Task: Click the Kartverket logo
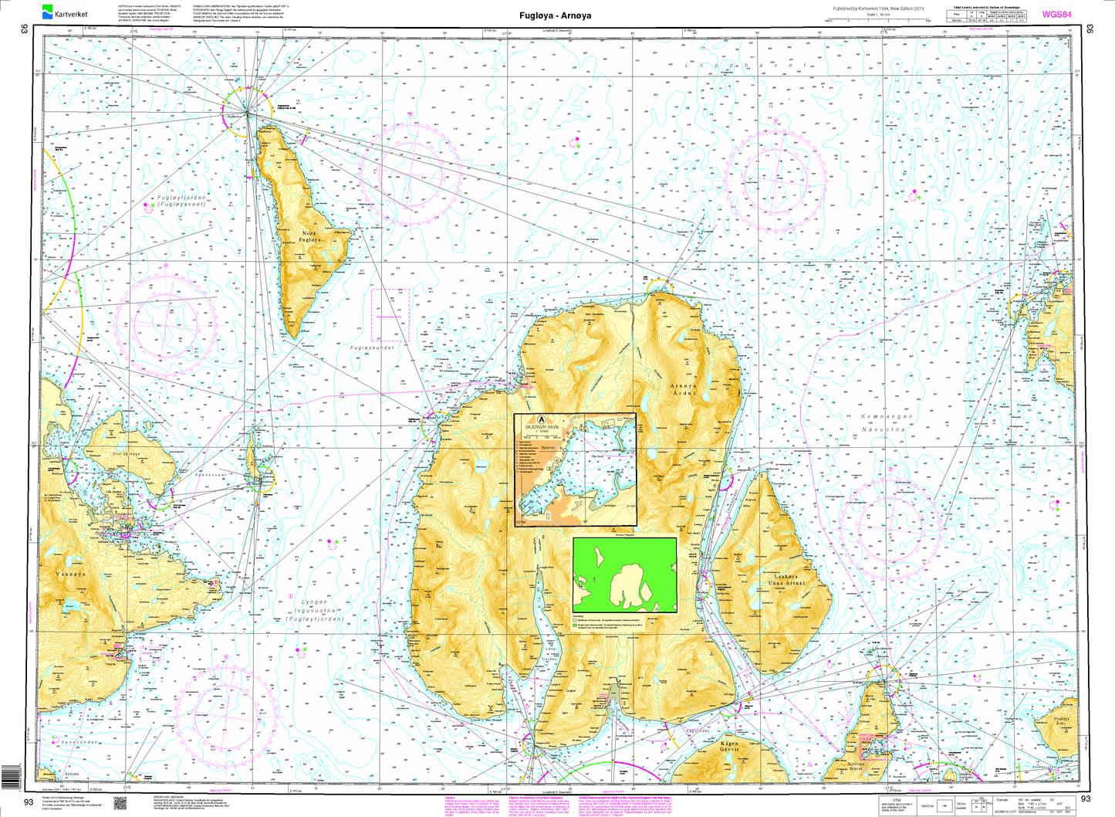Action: pyautogui.click(x=65, y=12)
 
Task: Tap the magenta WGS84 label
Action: pyautogui.click(x=1056, y=14)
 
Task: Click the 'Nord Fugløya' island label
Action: pyautogui.click(x=310, y=237)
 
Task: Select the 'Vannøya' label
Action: pyautogui.click(x=72, y=575)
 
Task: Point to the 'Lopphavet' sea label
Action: pyautogui.click(x=745, y=66)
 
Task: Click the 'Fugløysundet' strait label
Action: pyautogui.click(x=372, y=348)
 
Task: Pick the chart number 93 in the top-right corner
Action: pyautogui.click(x=1090, y=29)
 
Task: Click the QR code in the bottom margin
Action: pyautogui.click(x=120, y=803)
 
